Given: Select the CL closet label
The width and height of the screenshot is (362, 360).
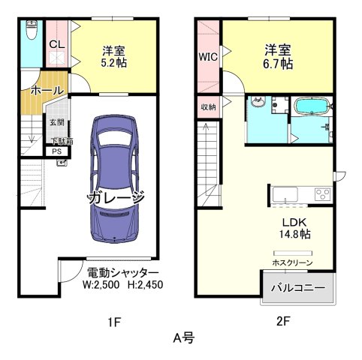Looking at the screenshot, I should [x=56, y=45].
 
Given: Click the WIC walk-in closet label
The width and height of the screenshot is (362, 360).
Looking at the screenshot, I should [x=208, y=56].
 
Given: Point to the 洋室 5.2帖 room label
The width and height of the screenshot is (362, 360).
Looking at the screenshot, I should [x=114, y=57].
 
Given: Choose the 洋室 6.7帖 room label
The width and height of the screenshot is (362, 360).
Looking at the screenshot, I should [x=276, y=57].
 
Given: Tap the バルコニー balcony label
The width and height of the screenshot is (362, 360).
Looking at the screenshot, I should [x=297, y=288].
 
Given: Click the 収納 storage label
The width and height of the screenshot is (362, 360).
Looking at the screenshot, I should [x=208, y=106].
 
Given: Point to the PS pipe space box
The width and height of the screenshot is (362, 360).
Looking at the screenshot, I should [x=58, y=151].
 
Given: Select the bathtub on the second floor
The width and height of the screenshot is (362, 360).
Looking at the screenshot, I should [x=311, y=107].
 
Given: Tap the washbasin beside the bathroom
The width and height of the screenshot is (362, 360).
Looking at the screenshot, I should [x=258, y=103].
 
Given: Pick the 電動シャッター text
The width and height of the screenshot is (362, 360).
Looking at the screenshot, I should [x=122, y=272].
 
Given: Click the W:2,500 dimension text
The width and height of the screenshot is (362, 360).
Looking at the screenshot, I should [x=100, y=285].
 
